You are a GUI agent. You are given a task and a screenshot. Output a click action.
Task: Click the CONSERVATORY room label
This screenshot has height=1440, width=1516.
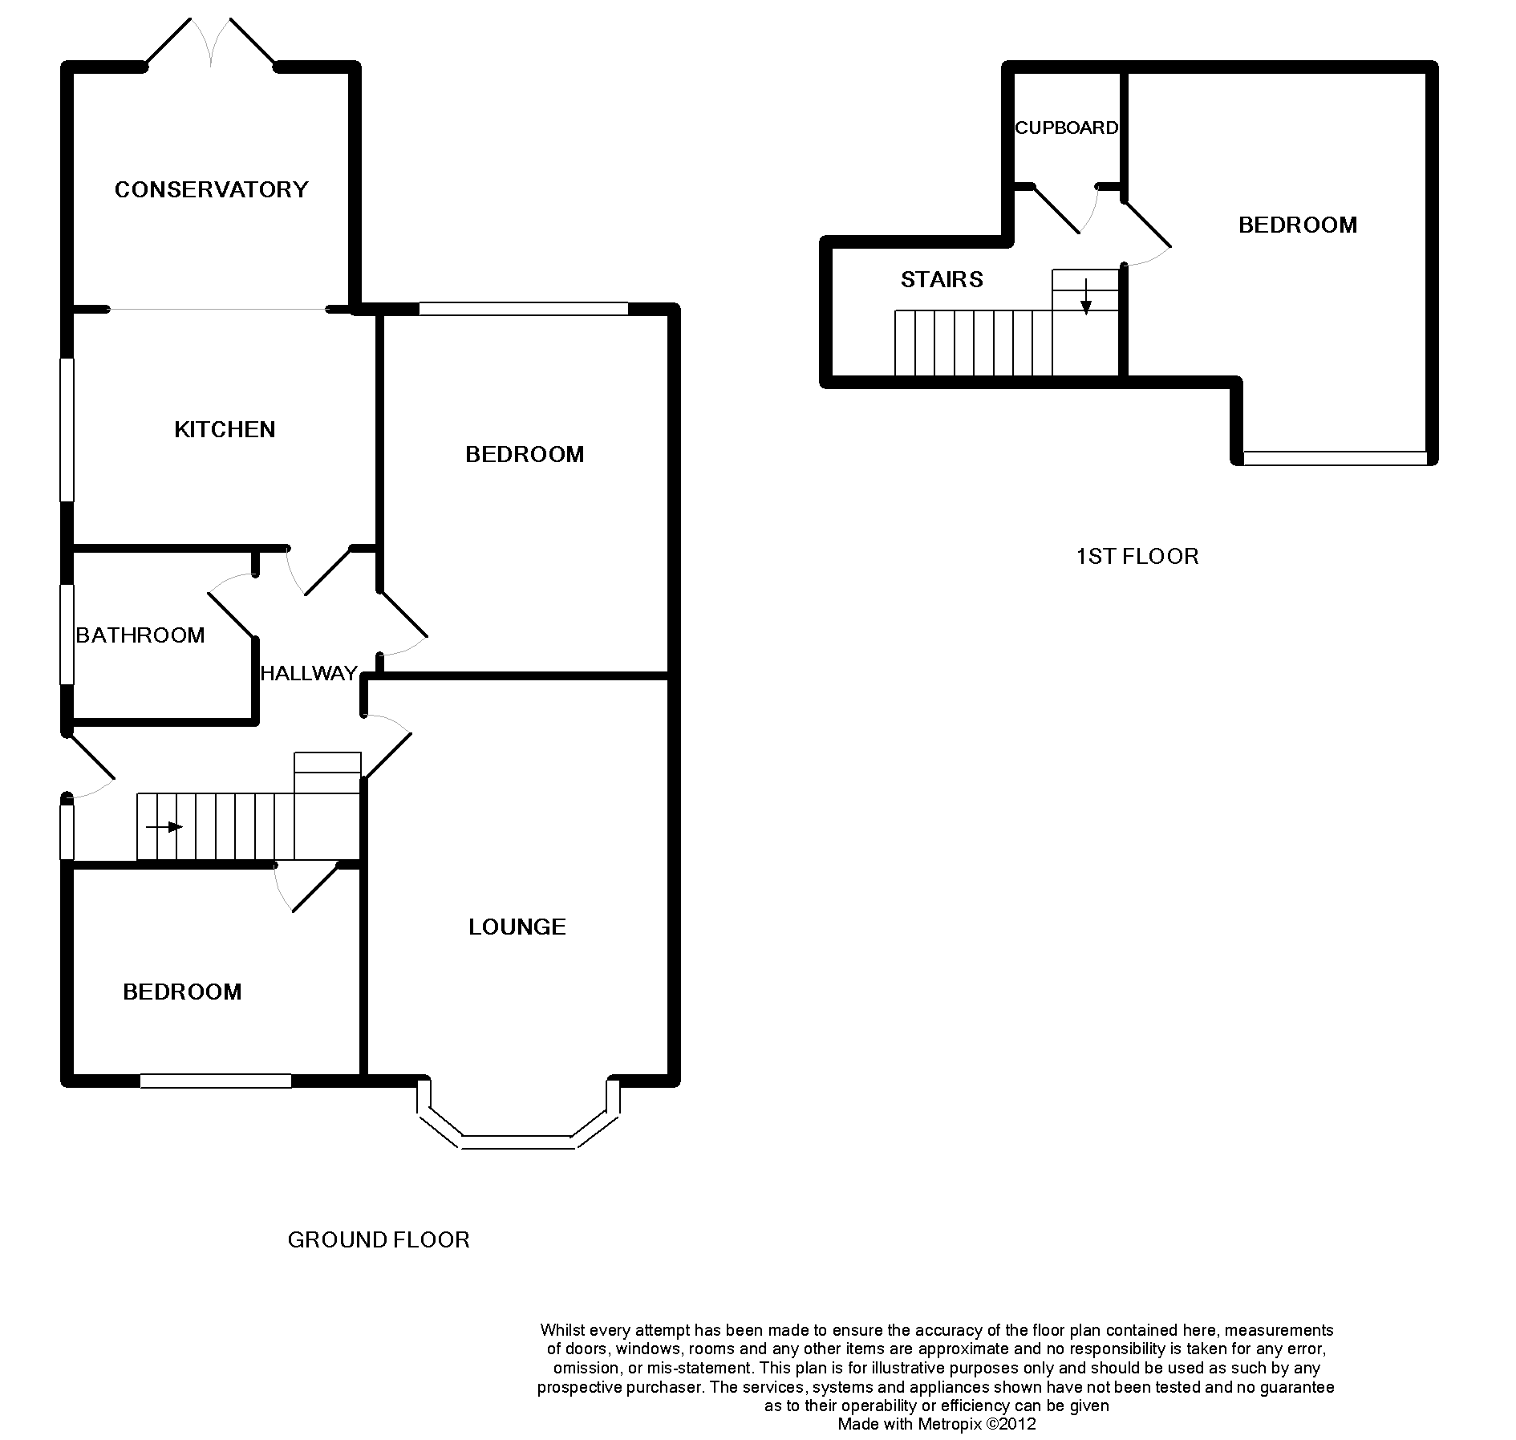point(211,189)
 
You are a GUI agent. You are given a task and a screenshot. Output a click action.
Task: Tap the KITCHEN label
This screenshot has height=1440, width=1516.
point(225,429)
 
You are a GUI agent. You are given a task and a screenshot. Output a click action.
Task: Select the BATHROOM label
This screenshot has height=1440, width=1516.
point(140,635)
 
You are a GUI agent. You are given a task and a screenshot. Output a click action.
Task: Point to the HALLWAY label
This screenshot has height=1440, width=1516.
point(309,673)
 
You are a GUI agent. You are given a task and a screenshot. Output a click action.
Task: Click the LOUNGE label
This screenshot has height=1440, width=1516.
point(517,927)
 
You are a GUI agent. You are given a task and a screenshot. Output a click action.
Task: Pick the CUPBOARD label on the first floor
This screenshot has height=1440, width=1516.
point(1066,128)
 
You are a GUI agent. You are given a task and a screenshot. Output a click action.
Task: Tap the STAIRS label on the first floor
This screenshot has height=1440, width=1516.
point(942,279)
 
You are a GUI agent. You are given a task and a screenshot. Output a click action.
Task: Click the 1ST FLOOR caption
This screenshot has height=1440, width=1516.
point(1137,556)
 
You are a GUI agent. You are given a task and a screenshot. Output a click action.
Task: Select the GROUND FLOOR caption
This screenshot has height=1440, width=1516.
point(378,1239)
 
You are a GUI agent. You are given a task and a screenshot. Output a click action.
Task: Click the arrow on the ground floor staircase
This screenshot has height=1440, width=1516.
point(164,827)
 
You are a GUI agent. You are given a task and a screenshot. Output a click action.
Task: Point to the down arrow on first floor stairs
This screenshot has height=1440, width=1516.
point(1085,296)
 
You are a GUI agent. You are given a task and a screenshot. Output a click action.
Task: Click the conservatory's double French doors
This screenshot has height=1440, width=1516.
point(211,42)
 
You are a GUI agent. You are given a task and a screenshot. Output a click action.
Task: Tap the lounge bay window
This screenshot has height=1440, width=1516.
point(518,1114)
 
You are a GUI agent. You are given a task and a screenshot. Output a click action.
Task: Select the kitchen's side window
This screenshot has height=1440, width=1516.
point(67,430)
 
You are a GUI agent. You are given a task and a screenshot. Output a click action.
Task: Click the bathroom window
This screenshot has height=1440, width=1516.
point(67,635)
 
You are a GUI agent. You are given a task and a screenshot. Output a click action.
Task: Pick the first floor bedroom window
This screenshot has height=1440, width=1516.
point(1335,458)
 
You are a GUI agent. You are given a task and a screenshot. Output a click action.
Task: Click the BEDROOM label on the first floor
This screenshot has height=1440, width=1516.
point(1298,225)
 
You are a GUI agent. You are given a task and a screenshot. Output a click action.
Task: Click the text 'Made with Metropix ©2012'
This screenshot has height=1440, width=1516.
point(937,1424)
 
